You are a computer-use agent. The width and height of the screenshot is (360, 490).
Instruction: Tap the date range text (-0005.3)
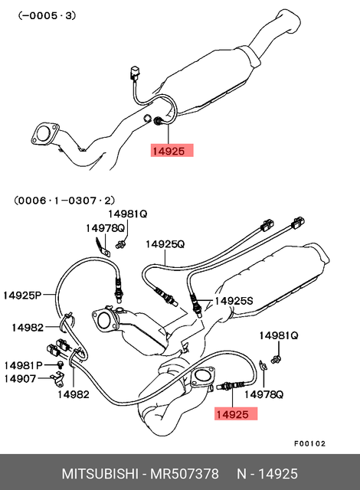click(x=47, y=15)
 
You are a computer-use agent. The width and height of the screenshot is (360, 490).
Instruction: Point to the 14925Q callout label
click(x=165, y=244)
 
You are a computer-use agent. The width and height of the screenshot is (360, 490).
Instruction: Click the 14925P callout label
click(x=22, y=295)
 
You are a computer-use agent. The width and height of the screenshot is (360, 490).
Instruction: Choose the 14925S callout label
click(x=234, y=301)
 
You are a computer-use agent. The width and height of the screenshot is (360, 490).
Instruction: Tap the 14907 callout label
click(x=20, y=379)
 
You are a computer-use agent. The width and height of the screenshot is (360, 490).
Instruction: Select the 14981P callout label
click(x=23, y=365)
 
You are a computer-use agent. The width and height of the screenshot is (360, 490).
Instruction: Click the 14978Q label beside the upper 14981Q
click(x=105, y=228)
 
